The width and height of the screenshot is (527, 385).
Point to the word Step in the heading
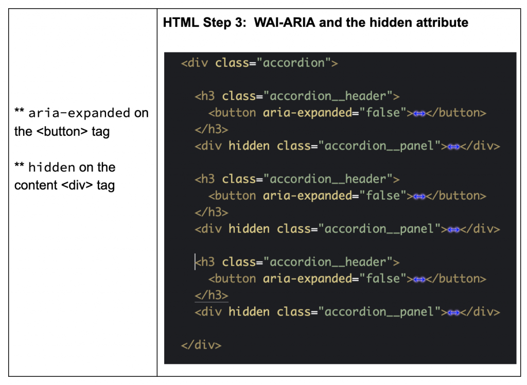(x=209, y=23)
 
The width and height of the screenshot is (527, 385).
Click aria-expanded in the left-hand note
(x=79, y=113)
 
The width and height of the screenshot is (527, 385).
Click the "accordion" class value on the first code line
(x=294, y=63)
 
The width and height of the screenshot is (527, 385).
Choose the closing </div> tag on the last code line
(x=201, y=345)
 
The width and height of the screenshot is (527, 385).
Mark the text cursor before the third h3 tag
(x=196, y=262)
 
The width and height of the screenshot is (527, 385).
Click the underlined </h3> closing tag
(x=211, y=295)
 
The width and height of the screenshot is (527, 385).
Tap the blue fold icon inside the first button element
(x=419, y=113)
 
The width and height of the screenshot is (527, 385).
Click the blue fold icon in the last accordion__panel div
(x=453, y=312)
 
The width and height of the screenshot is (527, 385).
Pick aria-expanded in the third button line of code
(x=307, y=279)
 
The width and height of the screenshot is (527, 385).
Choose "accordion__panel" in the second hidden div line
(x=379, y=229)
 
